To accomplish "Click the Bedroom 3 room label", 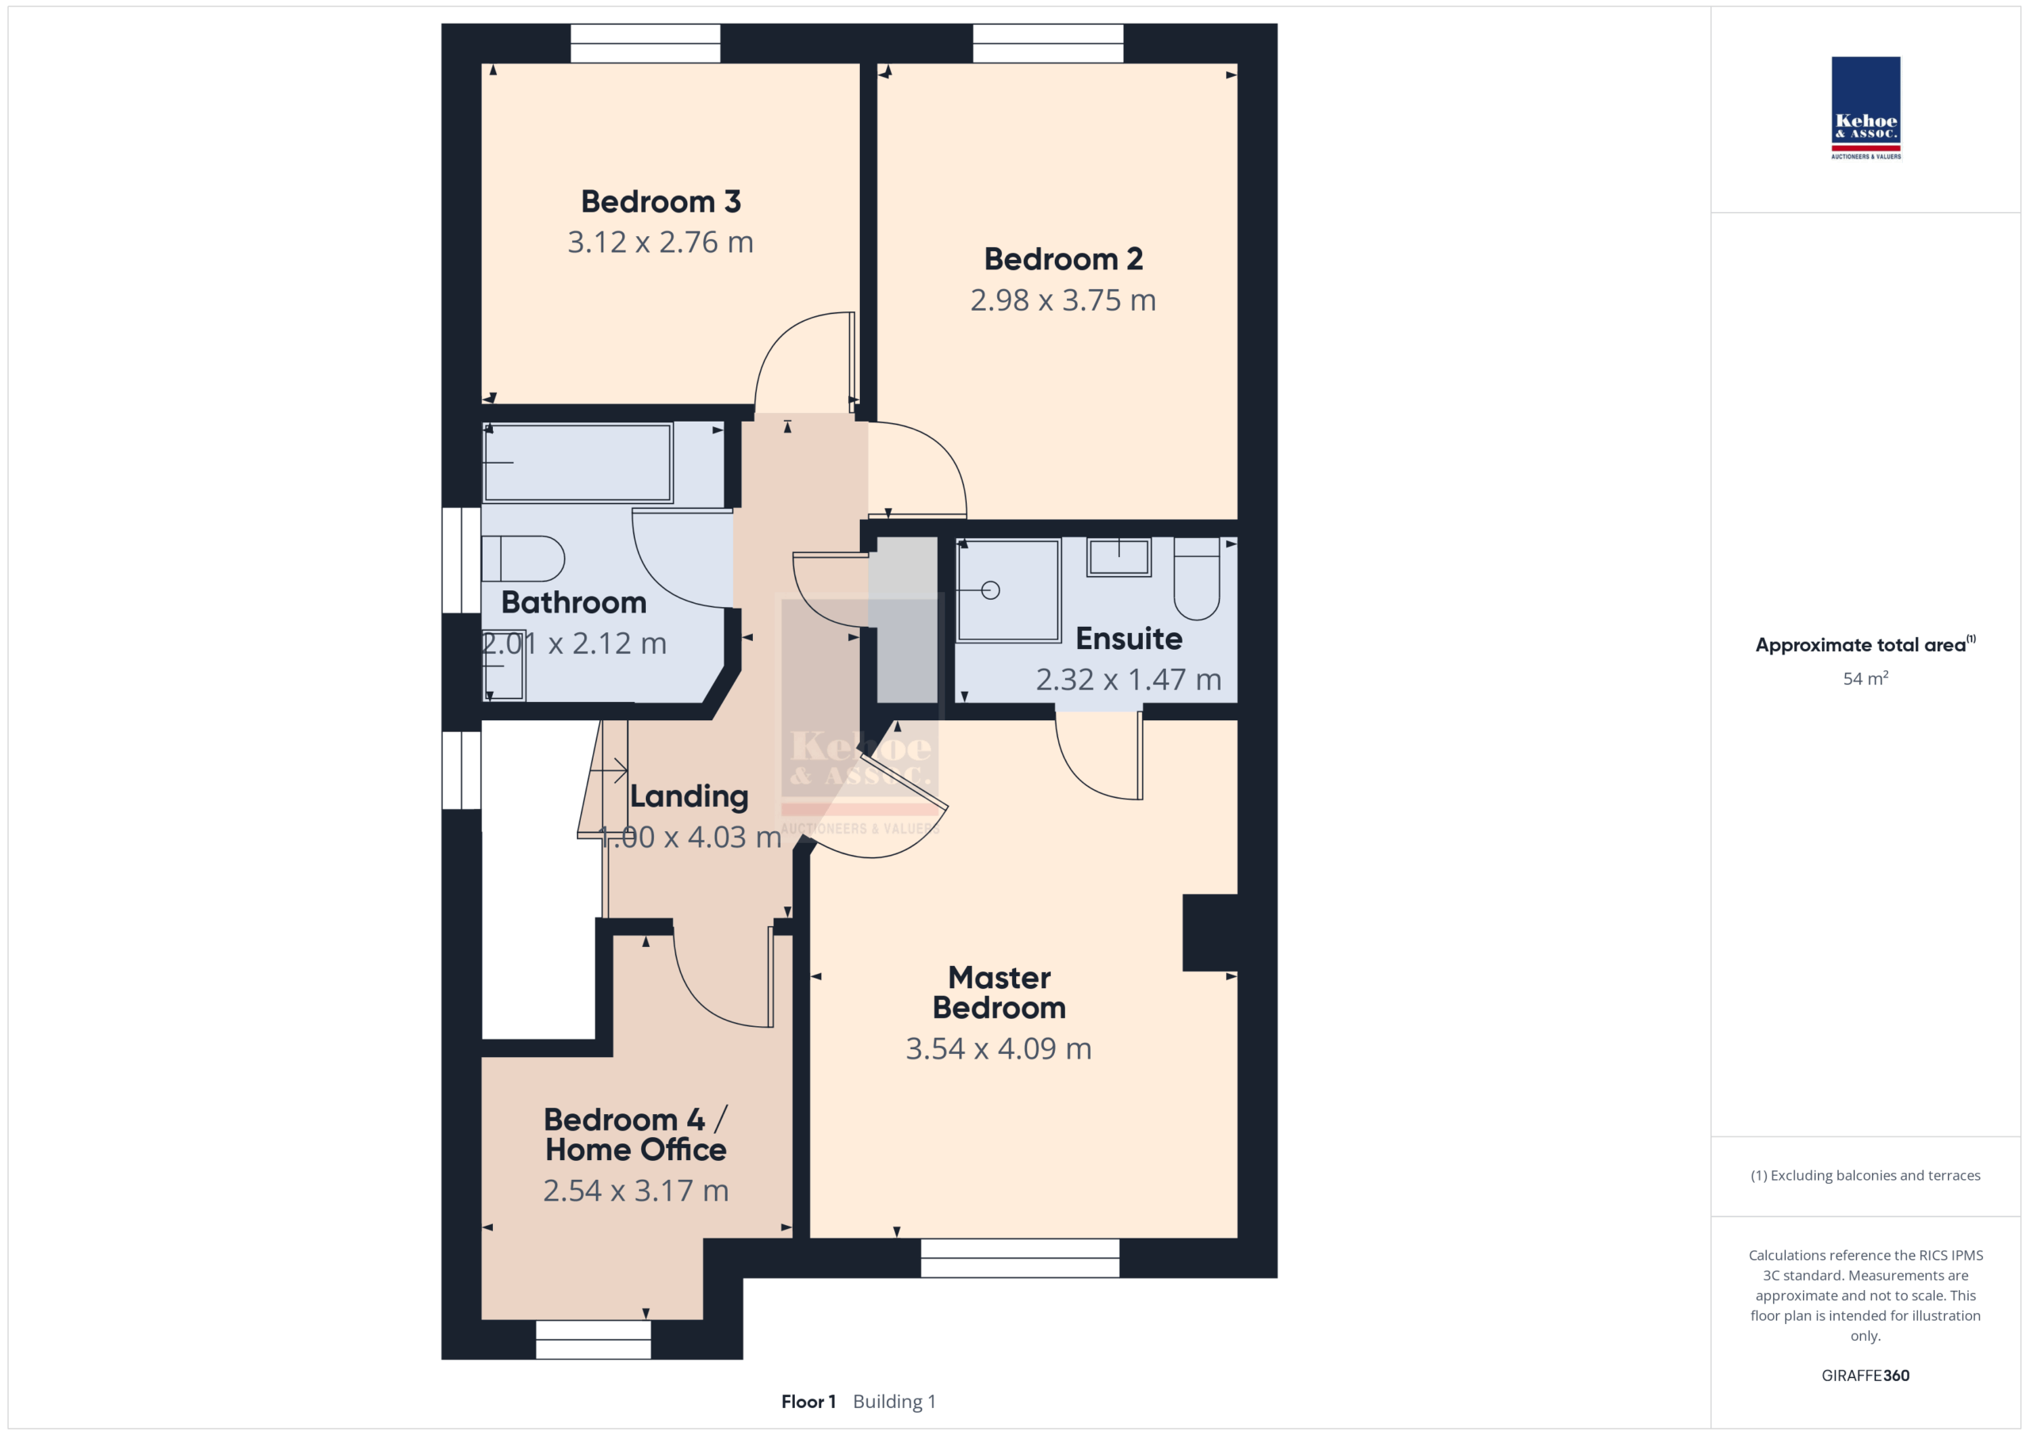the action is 660,201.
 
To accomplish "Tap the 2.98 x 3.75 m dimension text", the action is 1063,300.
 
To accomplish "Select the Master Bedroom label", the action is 999,992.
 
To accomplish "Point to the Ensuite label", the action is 1129,638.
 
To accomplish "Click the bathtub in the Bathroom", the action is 578,463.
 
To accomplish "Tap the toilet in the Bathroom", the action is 523,559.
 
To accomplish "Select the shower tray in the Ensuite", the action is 1008,590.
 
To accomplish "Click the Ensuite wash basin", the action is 1119,558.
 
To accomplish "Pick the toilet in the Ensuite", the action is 1197,578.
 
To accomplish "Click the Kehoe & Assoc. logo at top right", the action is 1866,108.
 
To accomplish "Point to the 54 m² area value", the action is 1866,677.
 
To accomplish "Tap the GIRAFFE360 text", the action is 1866,1375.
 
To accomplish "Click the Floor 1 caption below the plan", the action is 808,1402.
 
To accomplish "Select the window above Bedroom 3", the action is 645,44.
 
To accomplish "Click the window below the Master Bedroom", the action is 1020,1258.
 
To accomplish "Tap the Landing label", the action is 690,796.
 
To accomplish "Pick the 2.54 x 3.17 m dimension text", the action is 636,1190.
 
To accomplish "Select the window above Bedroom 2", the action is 1048,44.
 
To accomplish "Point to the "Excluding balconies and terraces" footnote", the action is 1866,1175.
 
